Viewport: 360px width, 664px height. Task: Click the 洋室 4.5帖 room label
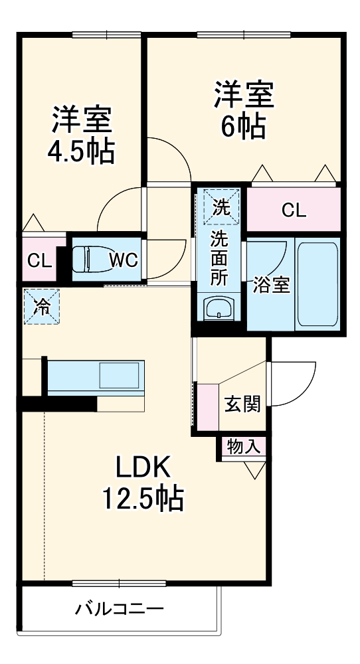click(x=81, y=135)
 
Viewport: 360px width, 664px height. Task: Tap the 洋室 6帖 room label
click(x=242, y=110)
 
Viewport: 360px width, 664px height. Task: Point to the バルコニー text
click(x=119, y=608)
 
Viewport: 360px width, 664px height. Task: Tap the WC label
click(x=123, y=260)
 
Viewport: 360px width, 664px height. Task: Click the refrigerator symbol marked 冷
click(x=42, y=306)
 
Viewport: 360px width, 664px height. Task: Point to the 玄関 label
click(x=242, y=404)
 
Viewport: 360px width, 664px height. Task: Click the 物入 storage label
click(x=243, y=446)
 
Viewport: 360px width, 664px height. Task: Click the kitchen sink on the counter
click(x=120, y=376)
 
